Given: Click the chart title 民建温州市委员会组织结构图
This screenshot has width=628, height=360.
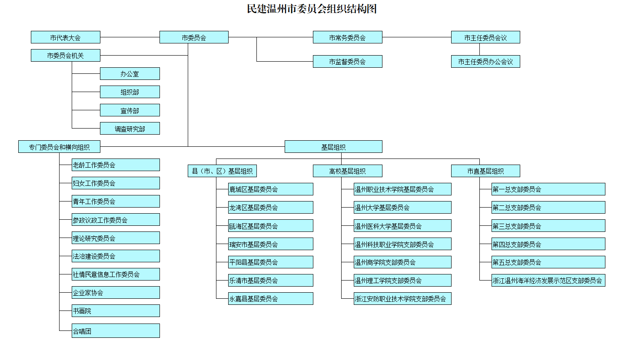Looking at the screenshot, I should pos(312,9).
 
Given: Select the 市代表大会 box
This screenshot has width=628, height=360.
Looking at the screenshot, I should pos(66,37).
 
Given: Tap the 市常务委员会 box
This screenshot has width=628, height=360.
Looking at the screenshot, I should pos(347,37).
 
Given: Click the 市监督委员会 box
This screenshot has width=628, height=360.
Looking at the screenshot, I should pos(347,62).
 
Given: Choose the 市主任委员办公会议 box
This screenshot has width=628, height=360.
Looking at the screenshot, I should pos(485,62).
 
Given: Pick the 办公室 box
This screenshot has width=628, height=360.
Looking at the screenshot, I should pos(130,74).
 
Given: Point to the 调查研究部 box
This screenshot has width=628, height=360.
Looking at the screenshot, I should pos(130,129).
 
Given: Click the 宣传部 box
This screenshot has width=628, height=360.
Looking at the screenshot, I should pos(130,110).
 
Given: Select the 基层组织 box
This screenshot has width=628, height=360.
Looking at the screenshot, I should pos(333,147).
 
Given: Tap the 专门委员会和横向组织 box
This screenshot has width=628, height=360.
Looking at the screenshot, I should pos(60,147).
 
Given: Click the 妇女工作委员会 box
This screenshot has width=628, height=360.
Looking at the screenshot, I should pos(116,183).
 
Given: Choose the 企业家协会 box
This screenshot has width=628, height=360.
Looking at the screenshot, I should pos(116,293).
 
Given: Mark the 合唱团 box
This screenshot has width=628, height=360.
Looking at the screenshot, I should pos(116,331).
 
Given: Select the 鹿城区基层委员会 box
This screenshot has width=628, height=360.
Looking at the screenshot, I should pos(270,189).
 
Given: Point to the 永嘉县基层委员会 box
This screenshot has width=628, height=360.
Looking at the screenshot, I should pos(270,299).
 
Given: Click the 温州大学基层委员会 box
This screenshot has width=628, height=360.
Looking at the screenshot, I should pos(402,208).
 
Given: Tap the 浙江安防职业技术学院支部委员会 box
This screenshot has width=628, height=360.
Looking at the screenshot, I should pos(402,299).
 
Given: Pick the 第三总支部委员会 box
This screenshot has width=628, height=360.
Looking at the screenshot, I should pos(548,226).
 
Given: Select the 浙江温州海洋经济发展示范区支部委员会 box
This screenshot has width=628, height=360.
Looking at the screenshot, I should pos(548,281).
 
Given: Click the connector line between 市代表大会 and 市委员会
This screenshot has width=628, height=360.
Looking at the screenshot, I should pos(130,37).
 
